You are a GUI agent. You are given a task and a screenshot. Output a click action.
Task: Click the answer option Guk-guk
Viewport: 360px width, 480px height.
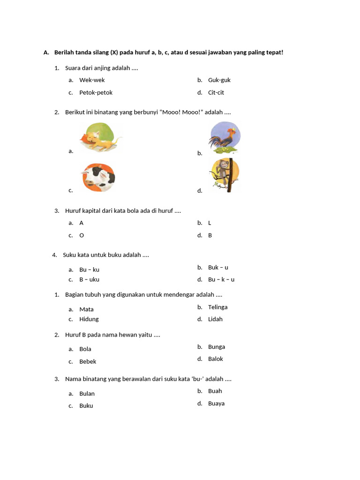point(219,80)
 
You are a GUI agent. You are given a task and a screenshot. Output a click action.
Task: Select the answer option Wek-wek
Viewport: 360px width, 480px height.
point(92,80)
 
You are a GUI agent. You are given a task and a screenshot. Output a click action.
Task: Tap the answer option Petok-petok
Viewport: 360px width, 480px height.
point(96,93)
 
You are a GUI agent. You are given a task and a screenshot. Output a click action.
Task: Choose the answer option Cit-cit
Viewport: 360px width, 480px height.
point(216,93)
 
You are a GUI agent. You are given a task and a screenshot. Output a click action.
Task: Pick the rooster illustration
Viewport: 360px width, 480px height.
point(224,137)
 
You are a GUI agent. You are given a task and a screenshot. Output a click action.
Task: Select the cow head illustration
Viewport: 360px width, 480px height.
point(98,177)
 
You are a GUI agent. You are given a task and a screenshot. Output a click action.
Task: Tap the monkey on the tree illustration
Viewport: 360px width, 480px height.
point(224,175)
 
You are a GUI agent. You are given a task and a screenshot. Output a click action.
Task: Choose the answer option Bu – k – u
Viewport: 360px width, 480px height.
point(221,280)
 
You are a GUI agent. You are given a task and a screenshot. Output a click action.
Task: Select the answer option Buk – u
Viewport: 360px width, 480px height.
point(218,268)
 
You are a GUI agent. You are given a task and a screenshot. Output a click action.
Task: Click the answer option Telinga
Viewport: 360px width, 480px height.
point(218,307)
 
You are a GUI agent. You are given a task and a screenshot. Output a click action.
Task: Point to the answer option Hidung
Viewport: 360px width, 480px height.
point(89,319)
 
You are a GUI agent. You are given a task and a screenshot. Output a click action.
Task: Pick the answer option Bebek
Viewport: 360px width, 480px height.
point(88,362)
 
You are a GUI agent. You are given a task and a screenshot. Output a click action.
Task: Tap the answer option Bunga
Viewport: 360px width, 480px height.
point(217,347)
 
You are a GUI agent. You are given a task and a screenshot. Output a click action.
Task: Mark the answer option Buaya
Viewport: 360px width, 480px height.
point(217,404)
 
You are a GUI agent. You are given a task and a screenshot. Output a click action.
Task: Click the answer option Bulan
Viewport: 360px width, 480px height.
point(87,394)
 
